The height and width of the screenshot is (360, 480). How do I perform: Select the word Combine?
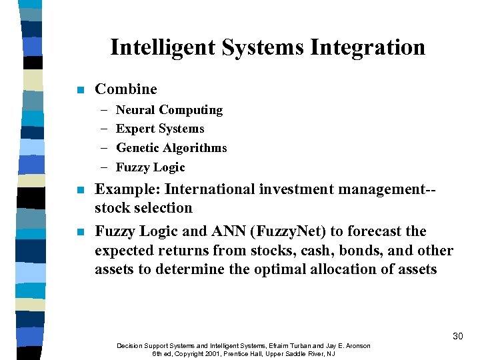coord(126,89)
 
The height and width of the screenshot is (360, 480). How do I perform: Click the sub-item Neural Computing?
coord(169,110)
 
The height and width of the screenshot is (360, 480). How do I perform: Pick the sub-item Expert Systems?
coord(160,129)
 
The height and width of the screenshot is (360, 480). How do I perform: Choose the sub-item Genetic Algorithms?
coord(171,148)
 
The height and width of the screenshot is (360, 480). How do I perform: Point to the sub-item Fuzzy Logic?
coord(150,167)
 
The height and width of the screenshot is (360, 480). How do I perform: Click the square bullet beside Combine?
coord(80,90)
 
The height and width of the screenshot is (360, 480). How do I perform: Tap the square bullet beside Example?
coord(80,190)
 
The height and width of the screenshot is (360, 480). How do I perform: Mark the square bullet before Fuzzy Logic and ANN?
coord(80,232)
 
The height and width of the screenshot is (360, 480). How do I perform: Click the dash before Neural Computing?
coord(104,110)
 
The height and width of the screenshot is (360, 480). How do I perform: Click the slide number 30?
coord(457,336)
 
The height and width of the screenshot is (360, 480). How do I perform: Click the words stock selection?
coord(143,208)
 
